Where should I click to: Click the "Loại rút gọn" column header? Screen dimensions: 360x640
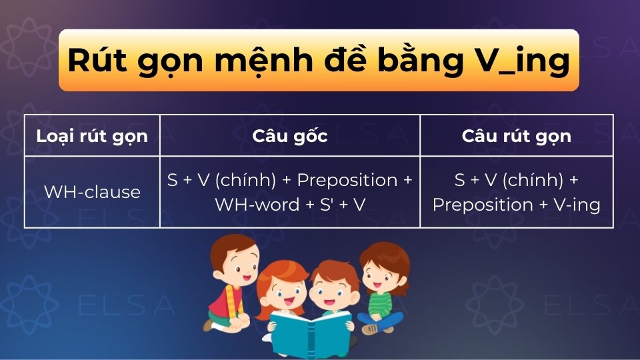[x=92, y=136]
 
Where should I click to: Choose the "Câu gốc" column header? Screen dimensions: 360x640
[x=289, y=136]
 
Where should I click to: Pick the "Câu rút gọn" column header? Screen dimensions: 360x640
[x=516, y=136]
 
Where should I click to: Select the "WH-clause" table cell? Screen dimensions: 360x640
[x=92, y=193]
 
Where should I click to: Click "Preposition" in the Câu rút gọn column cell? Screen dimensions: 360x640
[x=475, y=205]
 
